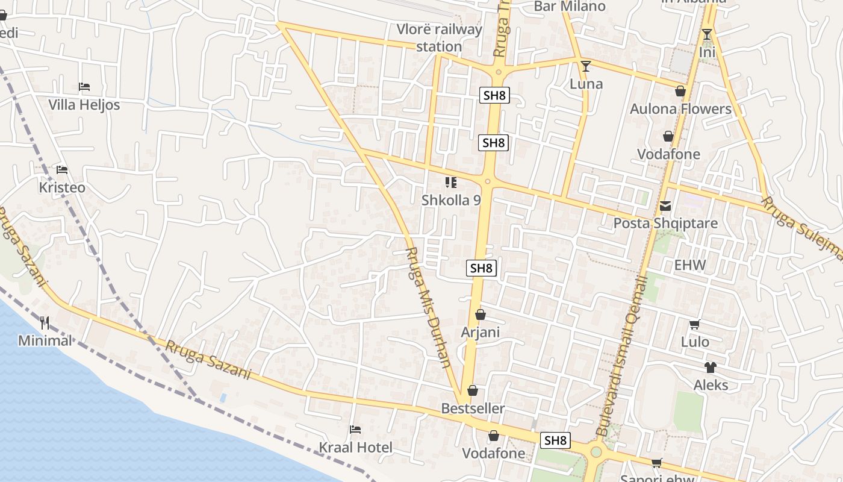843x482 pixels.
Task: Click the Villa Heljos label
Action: tap(84, 105)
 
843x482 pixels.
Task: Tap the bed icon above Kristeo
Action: tap(61, 170)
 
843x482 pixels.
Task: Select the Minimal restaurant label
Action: tap(45, 340)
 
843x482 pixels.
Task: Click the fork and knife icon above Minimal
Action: tap(45, 323)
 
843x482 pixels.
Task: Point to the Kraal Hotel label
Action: tap(355, 448)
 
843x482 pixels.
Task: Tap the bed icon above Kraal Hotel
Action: tap(355, 430)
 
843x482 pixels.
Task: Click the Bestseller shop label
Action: tap(473, 408)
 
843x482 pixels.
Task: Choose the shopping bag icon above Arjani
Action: tap(480, 315)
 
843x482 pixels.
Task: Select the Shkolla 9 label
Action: tap(451, 200)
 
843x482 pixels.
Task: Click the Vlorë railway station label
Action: tap(440, 37)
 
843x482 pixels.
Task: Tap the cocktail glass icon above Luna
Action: tap(585, 66)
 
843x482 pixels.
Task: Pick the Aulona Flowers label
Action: tap(680, 109)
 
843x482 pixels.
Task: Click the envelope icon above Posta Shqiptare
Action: tap(665, 206)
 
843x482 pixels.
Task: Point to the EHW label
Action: tap(690, 265)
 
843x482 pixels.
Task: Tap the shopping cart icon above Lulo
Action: tap(694, 325)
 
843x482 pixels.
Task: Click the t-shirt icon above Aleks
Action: tap(711, 368)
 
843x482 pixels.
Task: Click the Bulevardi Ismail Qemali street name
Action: tap(621, 355)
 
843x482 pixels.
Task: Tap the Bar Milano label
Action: tap(570, 7)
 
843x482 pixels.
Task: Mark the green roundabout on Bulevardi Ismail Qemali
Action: tap(596, 451)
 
